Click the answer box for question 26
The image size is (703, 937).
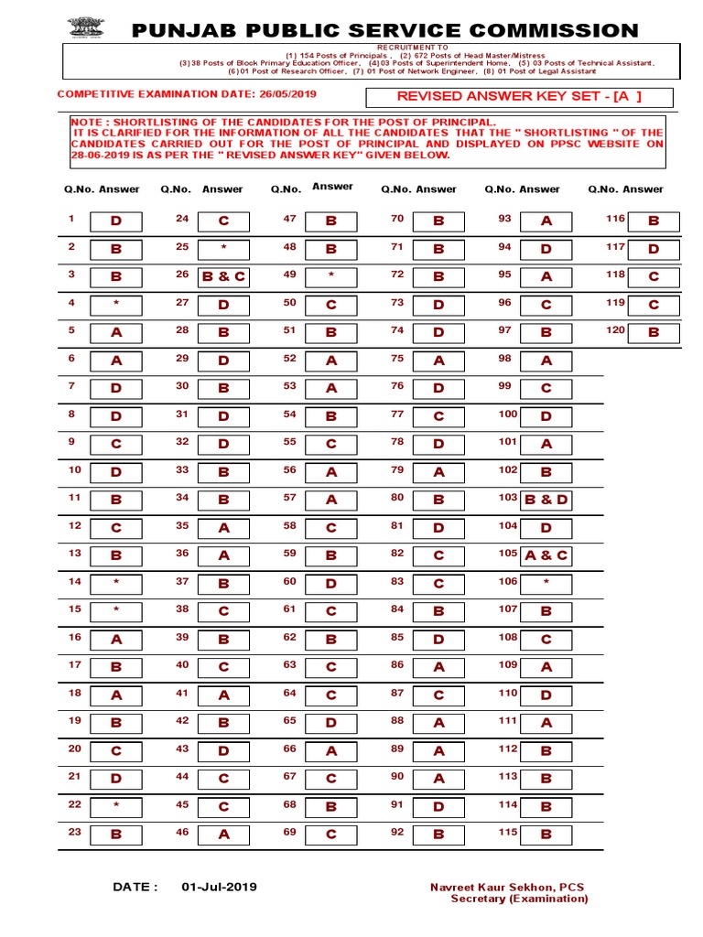coord(223,276)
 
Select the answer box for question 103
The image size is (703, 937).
coord(546,500)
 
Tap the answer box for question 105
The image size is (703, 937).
coord(546,555)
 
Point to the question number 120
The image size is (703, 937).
coord(614,329)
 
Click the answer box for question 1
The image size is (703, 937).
coord(115,221)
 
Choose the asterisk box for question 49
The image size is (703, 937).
coord(330,276)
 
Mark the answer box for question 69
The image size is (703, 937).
coord(330,835)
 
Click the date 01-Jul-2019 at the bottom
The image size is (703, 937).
coord(219,887)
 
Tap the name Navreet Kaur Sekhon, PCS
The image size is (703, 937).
coord(507,887)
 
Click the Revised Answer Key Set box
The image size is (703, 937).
coord(518,98)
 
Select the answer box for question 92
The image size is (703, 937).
coord(438,835)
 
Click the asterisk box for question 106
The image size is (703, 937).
coord(546,583)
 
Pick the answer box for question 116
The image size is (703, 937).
coord(653,221)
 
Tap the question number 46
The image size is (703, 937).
coord(182,832)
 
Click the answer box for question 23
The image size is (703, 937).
coord(115,835)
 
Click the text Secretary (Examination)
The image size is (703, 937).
coord(519,899)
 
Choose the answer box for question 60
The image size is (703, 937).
coord(330,583)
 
